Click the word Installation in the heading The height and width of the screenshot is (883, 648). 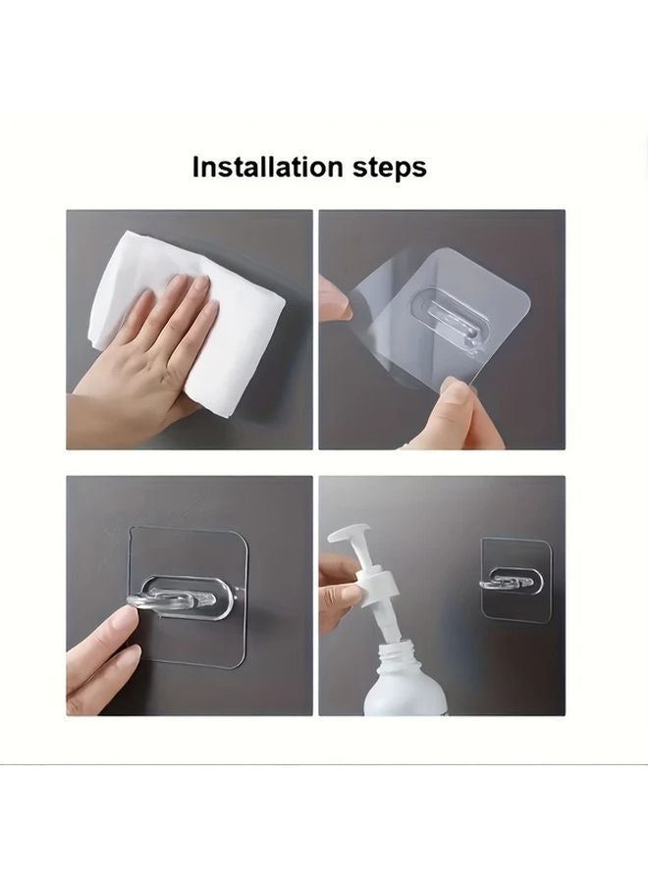[268, 167]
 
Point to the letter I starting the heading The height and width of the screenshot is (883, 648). [196, 167]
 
